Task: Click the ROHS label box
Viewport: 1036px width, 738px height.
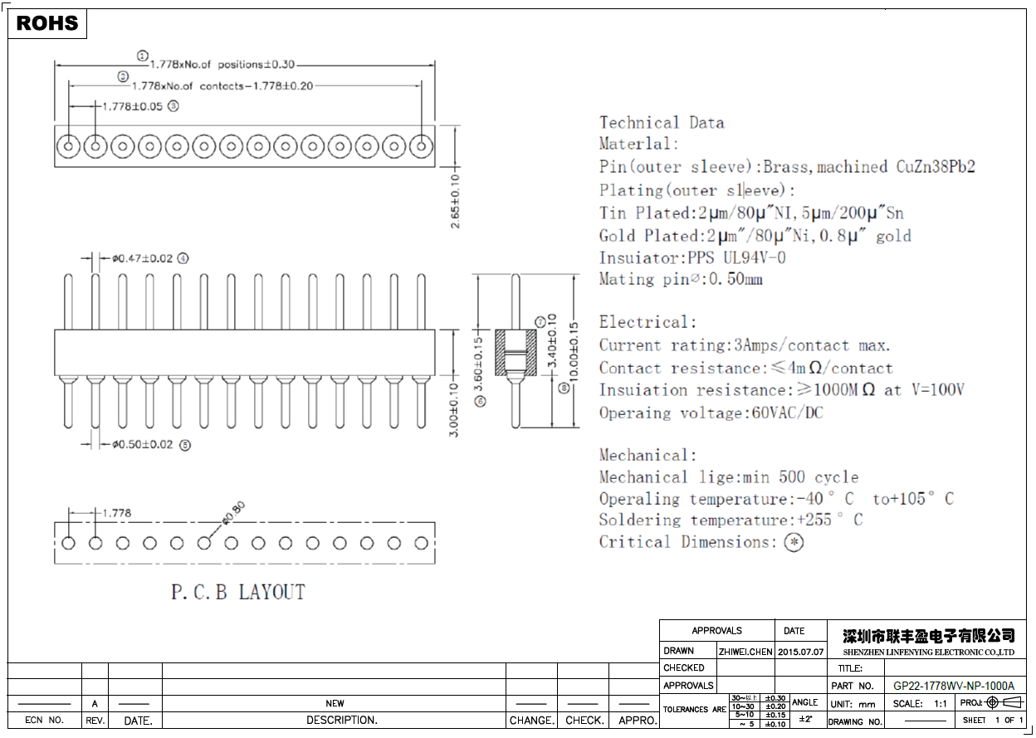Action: click(47, 23)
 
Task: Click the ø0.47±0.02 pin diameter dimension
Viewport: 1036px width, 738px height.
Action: click(144, 258)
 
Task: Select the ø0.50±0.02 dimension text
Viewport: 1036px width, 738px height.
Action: click(144, 444)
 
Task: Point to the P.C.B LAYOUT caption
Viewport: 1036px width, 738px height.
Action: click(237, 593)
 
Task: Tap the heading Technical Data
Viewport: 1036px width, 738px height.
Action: click(662, 123)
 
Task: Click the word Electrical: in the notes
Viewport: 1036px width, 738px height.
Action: click(647, 322)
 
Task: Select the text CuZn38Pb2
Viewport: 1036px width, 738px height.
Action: click(935, 167)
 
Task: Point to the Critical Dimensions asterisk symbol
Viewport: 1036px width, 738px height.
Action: click(794, 543)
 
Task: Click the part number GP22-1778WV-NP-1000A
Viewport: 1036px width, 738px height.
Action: click(953, 687)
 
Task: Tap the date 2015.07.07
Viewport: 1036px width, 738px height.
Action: click(800, 652)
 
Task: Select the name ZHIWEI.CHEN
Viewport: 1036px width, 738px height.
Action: click(745, 652)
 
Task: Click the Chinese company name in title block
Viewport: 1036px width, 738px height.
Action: click(928, 636)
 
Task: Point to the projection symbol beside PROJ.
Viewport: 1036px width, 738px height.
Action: click(1002, 702)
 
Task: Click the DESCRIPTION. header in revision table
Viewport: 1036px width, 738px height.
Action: click(341, 721)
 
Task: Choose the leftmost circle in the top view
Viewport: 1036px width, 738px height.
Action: click(69, 147)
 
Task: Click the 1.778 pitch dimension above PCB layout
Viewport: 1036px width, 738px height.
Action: click(115, 513)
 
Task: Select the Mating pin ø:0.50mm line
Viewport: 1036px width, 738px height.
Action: click(681, 280)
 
